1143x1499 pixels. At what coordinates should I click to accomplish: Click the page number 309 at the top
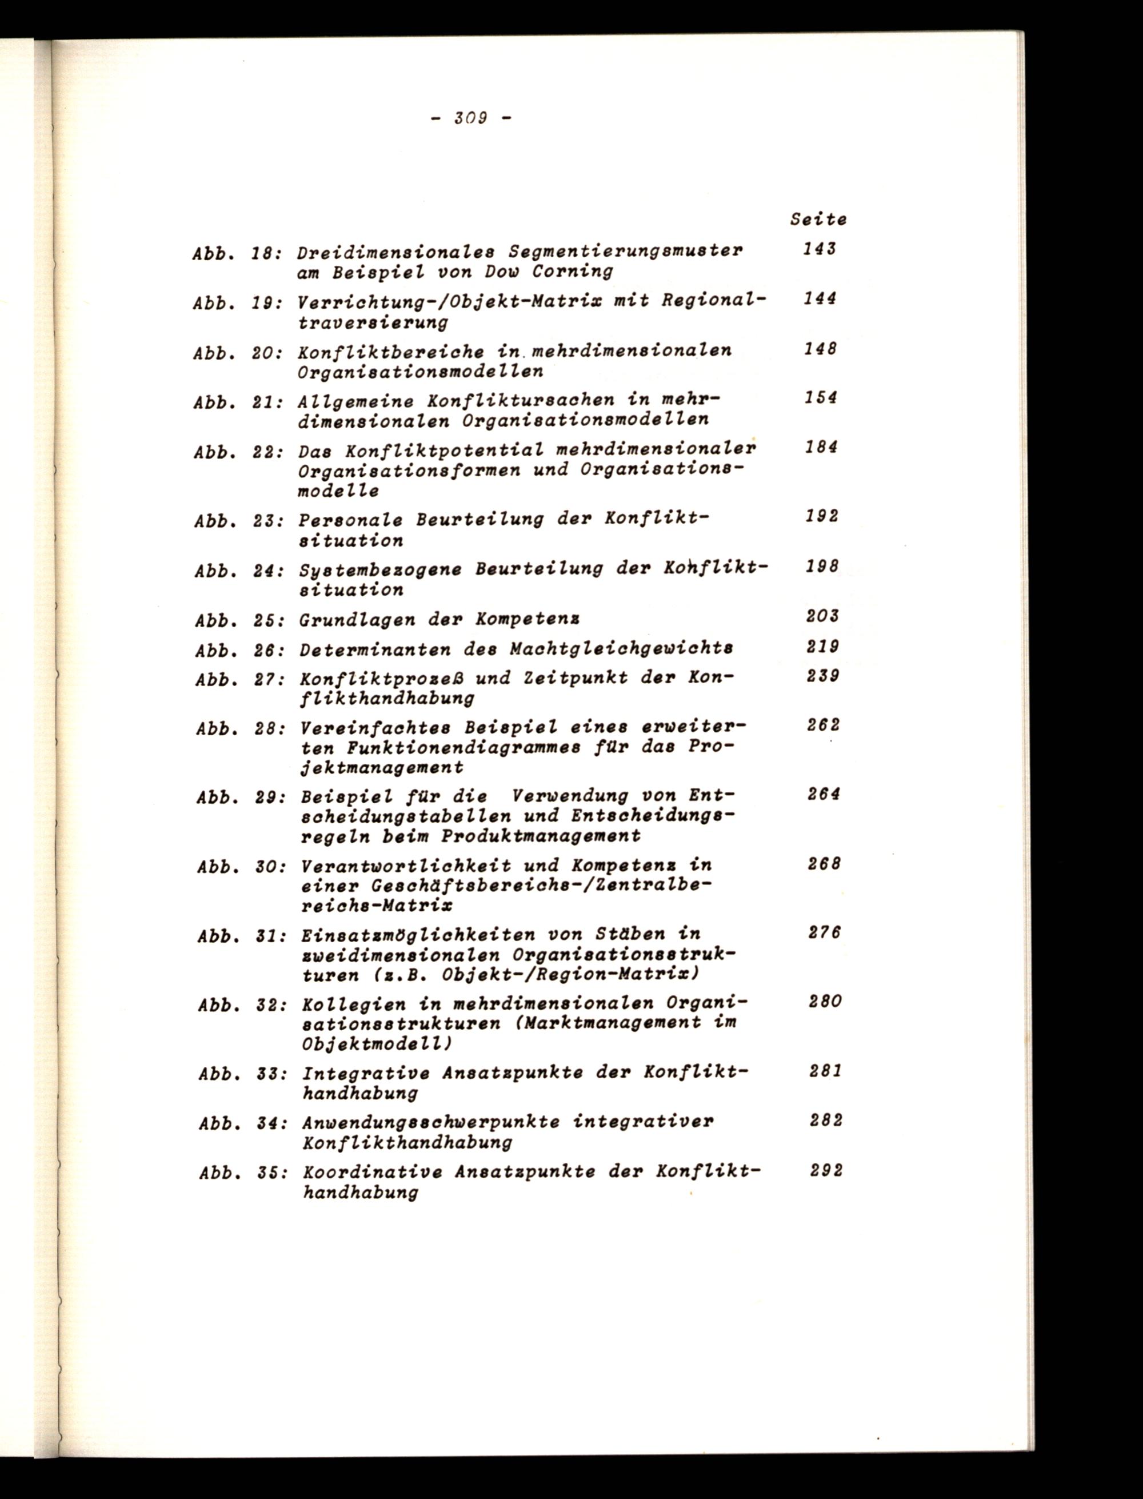coord(469,118)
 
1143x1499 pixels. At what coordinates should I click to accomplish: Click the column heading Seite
coord(818,220)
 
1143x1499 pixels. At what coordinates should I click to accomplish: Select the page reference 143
coord(818,250)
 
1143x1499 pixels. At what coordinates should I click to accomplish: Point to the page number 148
coord(820,349)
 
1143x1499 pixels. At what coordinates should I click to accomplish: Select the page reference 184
coord(821,448)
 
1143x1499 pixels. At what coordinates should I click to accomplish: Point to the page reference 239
coord(823,676)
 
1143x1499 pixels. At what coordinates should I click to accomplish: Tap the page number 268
coord(825,864)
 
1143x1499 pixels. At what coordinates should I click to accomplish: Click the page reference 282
coord(826,1120)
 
